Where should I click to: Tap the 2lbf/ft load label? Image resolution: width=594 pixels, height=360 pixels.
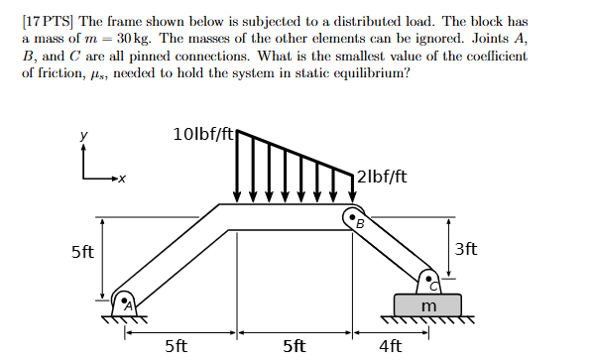382,177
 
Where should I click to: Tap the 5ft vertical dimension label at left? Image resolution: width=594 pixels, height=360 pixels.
82,252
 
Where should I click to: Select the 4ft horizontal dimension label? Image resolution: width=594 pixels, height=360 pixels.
390,346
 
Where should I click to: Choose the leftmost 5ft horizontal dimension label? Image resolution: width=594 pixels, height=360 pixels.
176,346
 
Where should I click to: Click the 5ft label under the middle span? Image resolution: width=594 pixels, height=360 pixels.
294,346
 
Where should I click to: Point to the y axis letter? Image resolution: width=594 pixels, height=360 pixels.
84,135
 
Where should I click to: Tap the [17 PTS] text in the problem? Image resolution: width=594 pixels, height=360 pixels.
46,22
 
